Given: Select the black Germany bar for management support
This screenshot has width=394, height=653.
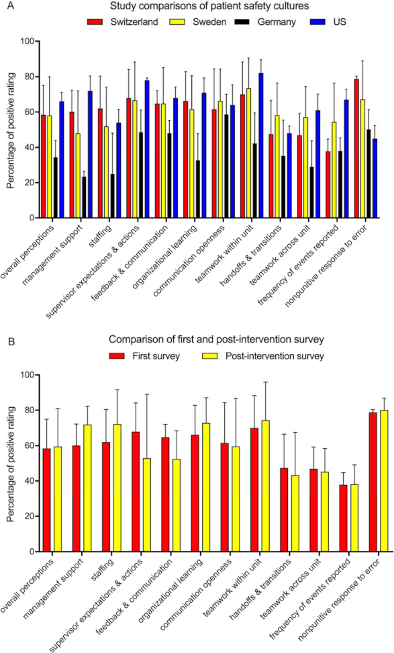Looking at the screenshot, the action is (x=84, y=197).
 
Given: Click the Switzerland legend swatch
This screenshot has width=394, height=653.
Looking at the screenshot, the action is (x=95, y=21).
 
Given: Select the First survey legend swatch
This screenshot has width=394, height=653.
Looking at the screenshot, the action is (x=117, y=356).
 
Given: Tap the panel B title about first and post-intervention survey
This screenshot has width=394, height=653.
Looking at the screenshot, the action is (x=216, y=340).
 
